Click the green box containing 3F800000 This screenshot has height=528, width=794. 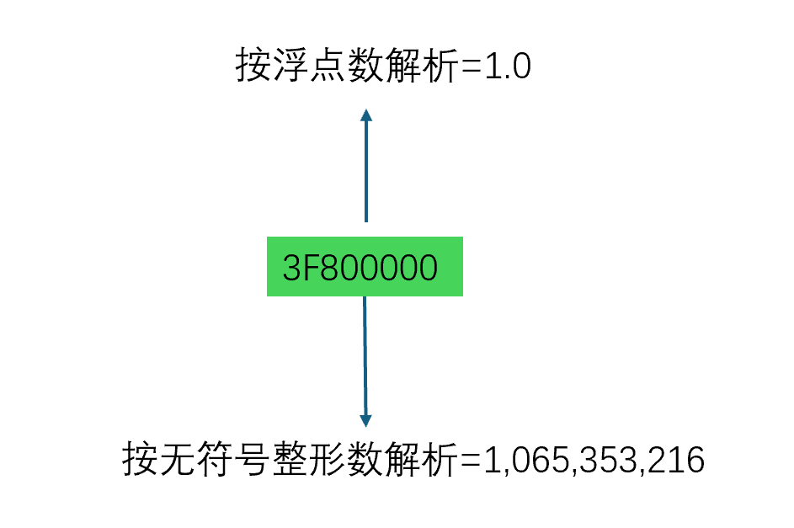click(365, 267)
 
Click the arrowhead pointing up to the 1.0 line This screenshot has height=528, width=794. click(365, 117)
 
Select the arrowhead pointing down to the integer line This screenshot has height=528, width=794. click(365, 418)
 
